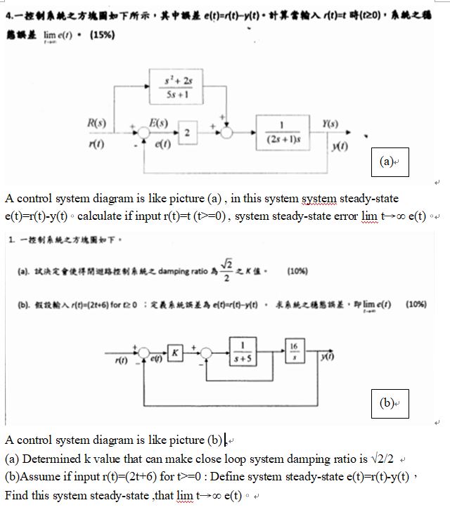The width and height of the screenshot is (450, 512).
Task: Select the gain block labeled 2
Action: tap(186, 132)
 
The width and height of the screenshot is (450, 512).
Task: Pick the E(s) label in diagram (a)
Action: tap(157, 122)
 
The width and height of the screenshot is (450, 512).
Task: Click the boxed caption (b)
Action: tap(387, 403)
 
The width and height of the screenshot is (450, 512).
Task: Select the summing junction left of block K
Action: tap(144, 351)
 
